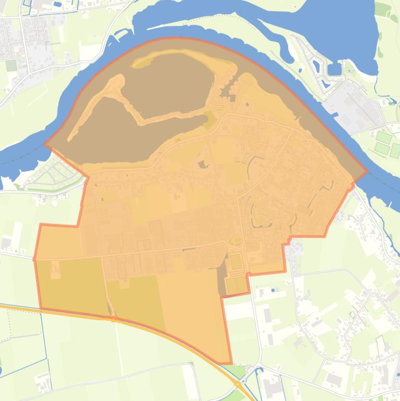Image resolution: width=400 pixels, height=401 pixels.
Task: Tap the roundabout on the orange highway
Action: pos(238,385)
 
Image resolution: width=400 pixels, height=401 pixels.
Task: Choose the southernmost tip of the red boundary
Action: pos(230,363)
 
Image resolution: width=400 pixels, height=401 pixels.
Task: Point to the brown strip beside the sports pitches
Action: pos(221,276)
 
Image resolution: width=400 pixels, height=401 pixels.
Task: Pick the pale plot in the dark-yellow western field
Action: pos(55,270)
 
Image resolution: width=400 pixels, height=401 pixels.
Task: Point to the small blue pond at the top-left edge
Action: pos(57,4)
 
